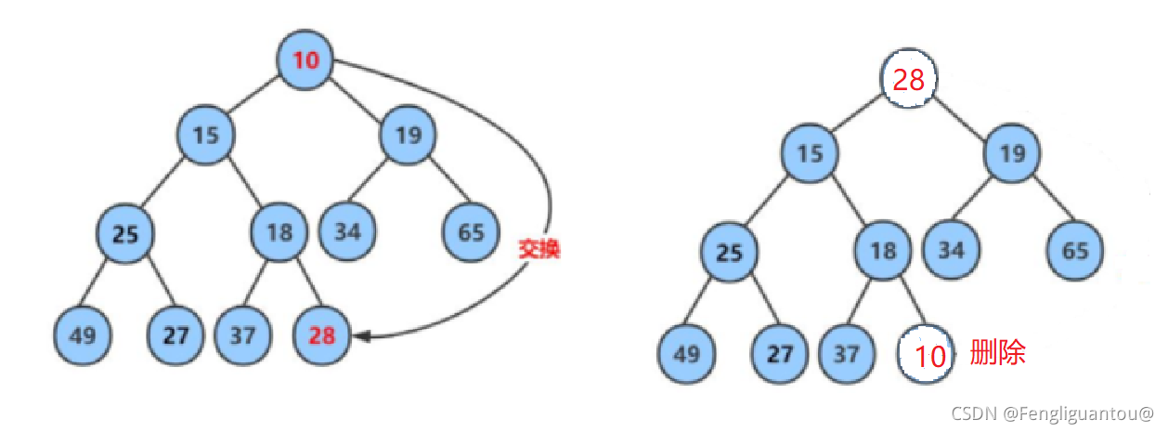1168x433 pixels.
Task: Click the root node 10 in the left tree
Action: click(305, 60)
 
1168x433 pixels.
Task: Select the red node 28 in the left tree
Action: click(321, 335)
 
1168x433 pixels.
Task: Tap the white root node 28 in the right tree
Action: click(908, 80)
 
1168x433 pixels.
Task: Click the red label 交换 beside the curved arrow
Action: click(539, 249)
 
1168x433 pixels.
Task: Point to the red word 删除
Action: click(998, 353)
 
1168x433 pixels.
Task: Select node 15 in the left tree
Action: click(206, 135)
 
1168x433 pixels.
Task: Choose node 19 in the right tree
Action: click(1013, 152)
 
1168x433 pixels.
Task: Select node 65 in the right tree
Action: click(1076, 251)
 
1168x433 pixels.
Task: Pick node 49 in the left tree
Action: click(83, 335)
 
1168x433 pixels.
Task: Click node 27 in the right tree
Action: click(781, 354)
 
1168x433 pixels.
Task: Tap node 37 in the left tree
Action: click(243, 335)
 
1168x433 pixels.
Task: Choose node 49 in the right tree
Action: click(687, 354)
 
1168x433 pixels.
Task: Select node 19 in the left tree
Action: click(408, 135)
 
